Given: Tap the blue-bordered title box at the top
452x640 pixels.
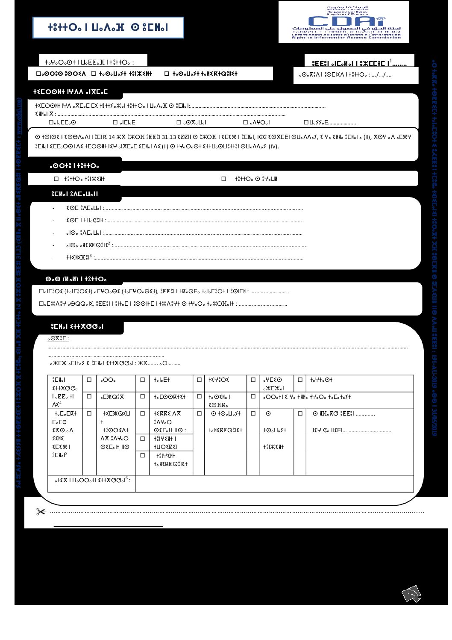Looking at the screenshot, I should coord(108,28).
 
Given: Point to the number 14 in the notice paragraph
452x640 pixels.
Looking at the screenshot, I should coord(112,138).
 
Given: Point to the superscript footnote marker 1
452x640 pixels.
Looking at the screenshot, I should coord(390,61).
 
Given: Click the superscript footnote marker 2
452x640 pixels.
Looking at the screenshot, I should coord(109,243).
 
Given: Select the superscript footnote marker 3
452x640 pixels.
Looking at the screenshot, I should coord(91,255).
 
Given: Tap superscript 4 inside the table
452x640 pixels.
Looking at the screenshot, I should coord(60,403).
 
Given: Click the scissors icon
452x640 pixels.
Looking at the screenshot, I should coord(41,511).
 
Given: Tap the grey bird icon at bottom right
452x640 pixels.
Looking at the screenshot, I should coord(411,594).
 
